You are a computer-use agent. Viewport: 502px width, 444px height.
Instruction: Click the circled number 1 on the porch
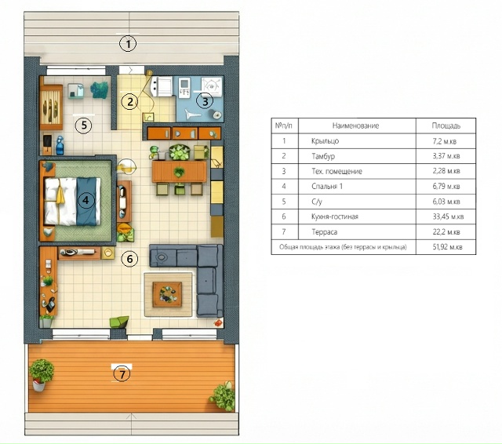[128, 44]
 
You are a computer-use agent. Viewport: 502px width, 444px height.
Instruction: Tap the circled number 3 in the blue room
[205, 101]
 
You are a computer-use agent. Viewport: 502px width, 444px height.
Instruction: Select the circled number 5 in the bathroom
[84, 126]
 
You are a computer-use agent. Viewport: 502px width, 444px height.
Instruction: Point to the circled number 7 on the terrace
[122, 374]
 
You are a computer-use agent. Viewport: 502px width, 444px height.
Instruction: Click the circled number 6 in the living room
[129, 259]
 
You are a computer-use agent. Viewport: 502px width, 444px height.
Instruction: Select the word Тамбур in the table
[323, 156]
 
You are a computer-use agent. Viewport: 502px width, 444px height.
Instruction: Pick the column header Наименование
[355, 126]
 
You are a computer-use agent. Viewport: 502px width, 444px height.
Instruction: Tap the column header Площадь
[446, 126]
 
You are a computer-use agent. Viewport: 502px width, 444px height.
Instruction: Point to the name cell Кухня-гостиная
[335, 217]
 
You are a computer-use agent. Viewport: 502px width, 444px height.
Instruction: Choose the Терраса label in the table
[324, 231]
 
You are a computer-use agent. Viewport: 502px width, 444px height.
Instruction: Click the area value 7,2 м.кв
[445, 141]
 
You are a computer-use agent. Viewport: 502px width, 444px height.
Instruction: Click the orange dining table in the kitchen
[180, 172]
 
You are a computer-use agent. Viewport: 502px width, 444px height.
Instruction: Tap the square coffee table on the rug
[167, 294]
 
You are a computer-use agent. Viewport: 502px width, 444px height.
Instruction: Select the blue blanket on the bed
[86, 202]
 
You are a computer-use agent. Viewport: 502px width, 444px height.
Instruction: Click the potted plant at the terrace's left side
[42, 374]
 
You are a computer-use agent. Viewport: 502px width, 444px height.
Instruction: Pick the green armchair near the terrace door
[119, 322]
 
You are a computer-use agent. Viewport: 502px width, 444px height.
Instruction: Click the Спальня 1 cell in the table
[327, 186]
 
